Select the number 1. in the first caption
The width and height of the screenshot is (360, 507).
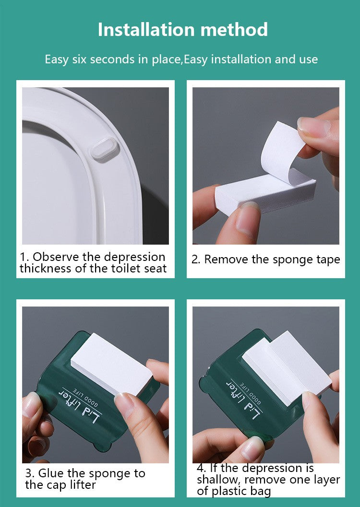tap(24, 257)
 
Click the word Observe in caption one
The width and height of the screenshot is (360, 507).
tap(53, 257)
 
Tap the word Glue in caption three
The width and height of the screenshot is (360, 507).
tap(50, 473)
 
